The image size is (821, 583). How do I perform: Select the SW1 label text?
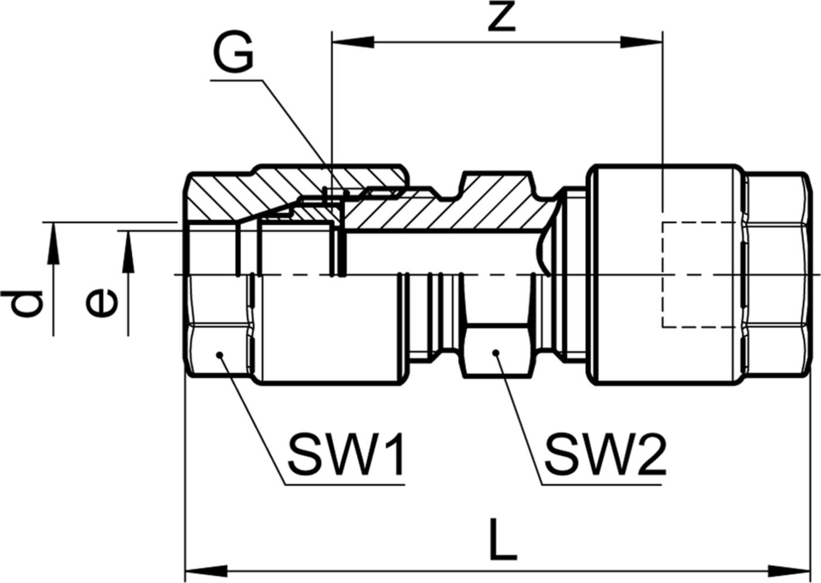coord(345,455)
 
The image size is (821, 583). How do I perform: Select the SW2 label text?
coord(604,455)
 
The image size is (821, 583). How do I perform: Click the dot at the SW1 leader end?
coord(220,354)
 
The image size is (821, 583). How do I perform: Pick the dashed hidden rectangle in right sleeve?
coord(698,274)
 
